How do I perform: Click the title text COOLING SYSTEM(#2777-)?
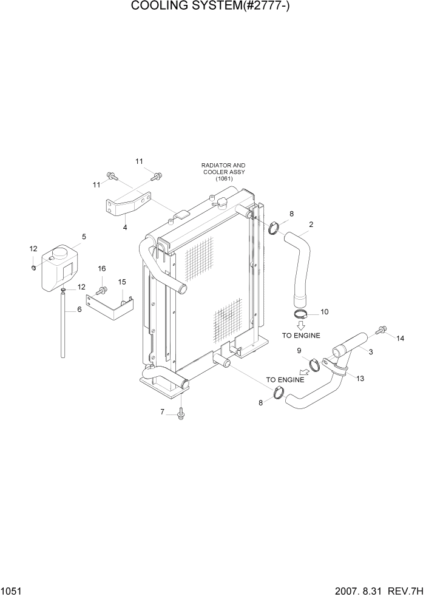[x=212, y=7]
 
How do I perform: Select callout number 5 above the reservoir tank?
[x=84, y=237]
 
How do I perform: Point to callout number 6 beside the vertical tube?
[x=79, y=309]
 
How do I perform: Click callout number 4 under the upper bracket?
[x=125, y=228]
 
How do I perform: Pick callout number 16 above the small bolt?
[x=102, y=269]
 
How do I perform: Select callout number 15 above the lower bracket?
[x=121, y=282]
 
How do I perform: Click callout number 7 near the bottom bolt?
[x=163, y=412]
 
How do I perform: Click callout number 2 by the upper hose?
[x=311, y=225]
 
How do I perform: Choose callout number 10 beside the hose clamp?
[x=324, y=312]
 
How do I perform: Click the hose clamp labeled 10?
[x=302, y=314]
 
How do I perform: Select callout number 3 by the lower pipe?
[x=371, y=351]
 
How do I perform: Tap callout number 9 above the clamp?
[x=299, y=351]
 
